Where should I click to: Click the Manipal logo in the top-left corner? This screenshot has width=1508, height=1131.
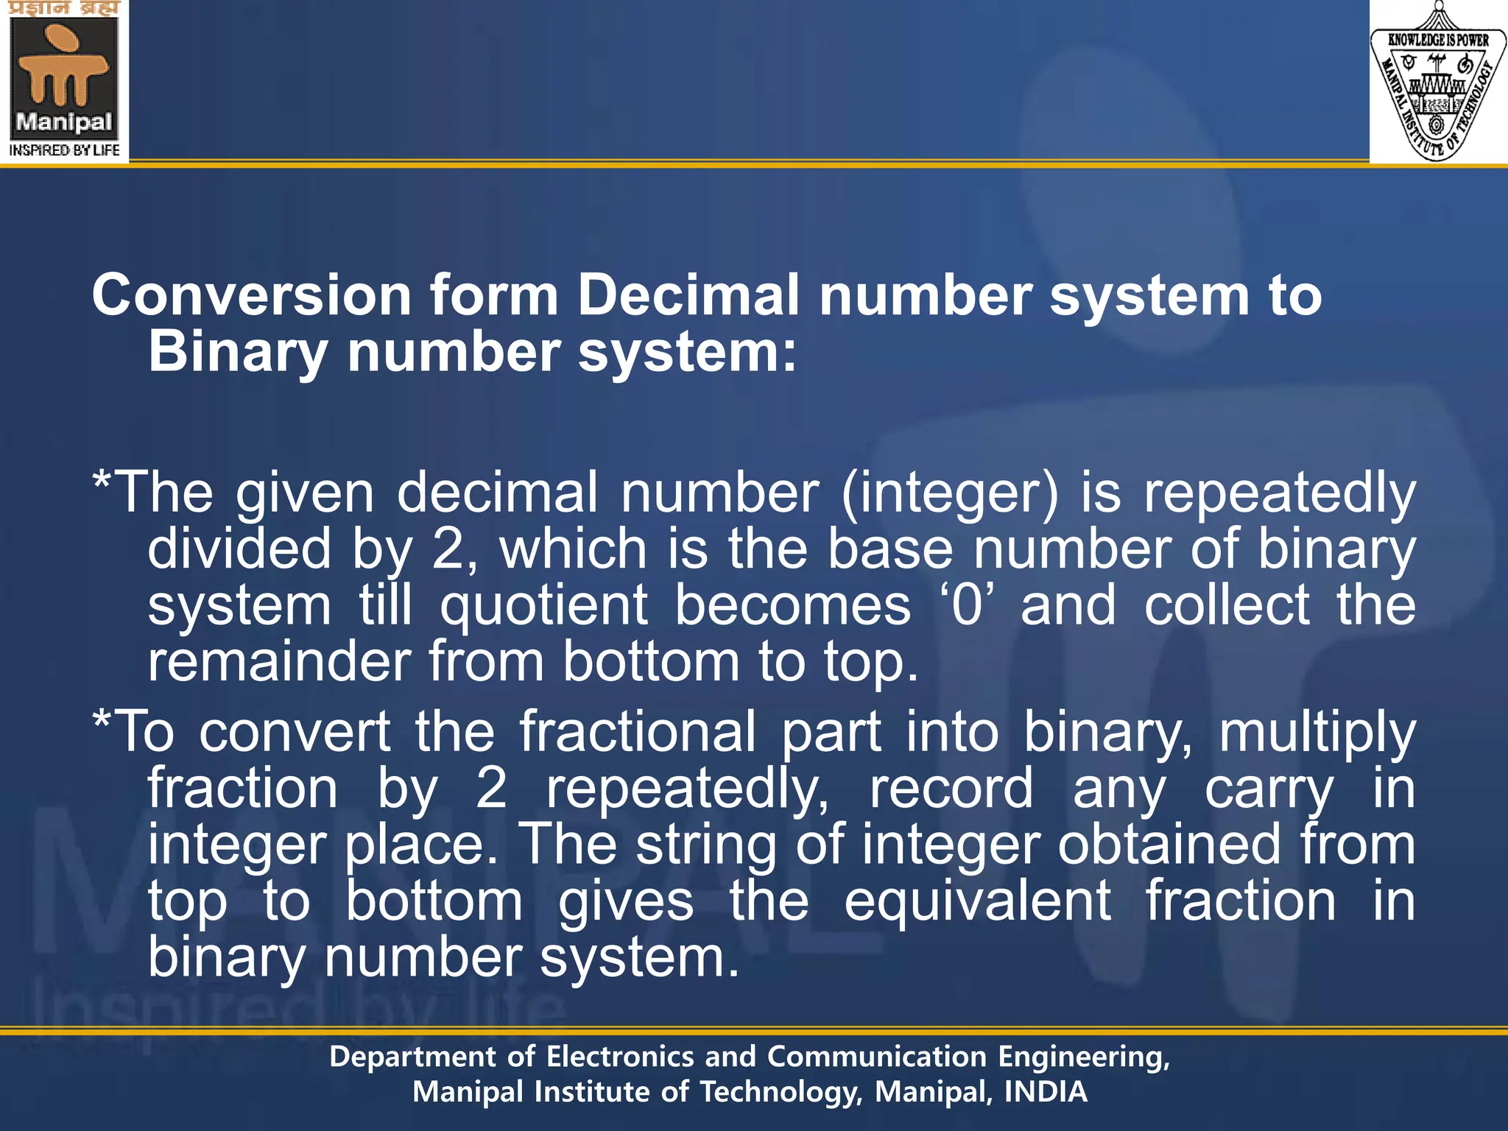pos(64,80)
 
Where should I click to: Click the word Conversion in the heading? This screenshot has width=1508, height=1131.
pos(251,295)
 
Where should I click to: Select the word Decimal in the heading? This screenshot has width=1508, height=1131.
pos(688,295)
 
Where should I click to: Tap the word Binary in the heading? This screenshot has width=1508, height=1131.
pos(238,351)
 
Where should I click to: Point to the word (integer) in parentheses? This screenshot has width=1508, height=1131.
pos(950,493)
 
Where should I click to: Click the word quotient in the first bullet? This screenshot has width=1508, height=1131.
pos(544,605)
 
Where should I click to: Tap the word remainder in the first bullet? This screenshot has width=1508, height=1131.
pos(279,661)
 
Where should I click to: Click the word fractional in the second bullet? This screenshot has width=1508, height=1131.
pos(638,732)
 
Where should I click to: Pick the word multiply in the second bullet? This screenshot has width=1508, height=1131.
pos(1317,733)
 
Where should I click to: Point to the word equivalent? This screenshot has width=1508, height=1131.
pos(977,901)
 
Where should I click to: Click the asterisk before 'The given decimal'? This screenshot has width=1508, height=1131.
pos(102,482)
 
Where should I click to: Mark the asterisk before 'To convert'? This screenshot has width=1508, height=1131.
pos(102,722)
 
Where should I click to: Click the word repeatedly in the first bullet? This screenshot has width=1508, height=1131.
pos(1279,493)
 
